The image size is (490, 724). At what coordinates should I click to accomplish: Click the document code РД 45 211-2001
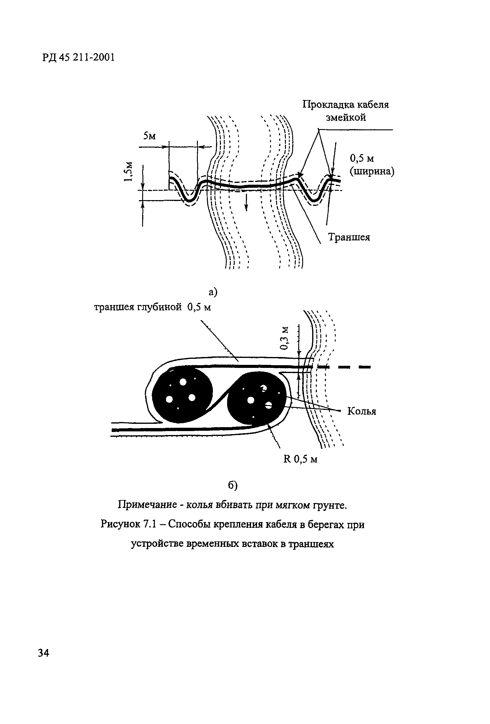pos(78,57)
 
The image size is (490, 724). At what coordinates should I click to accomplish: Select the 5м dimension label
pos(149,136)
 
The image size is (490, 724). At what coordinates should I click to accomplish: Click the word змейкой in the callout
pos(346,118)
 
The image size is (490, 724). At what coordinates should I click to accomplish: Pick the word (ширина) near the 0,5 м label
pos(372,171)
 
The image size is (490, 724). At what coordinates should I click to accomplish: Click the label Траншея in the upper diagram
pos(349,237)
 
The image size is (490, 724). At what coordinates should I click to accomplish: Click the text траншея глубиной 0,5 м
pos(152,307)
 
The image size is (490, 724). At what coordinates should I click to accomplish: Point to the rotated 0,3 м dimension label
pos(284,338)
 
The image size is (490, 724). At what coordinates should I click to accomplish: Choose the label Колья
pos(361,411)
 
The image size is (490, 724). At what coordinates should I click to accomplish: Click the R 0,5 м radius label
pos(300,459)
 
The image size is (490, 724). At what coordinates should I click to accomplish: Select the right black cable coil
pos(256,398)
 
